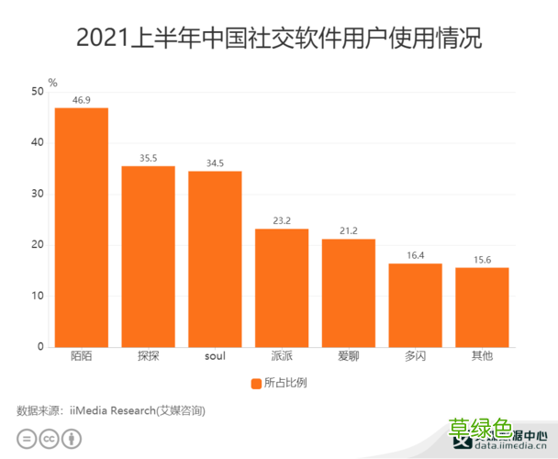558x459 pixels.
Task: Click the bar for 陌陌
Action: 81,228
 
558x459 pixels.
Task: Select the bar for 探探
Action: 148,256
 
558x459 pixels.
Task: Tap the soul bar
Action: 215,259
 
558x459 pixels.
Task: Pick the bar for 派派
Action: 282,287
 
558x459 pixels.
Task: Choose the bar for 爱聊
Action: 349,293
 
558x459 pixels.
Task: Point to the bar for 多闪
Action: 415,305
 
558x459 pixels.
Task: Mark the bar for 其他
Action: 482,307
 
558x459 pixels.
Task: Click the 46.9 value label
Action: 81,99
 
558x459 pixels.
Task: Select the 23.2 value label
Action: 282,220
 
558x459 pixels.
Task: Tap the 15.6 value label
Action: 482,259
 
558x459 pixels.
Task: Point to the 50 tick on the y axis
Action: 36,92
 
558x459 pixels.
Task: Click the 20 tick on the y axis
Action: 36,245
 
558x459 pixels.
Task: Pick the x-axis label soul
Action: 215,356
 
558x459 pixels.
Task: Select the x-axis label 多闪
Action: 415,356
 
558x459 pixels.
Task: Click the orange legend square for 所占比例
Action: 256,382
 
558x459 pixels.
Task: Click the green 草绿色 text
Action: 479,429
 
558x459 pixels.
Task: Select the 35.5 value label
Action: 148,157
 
